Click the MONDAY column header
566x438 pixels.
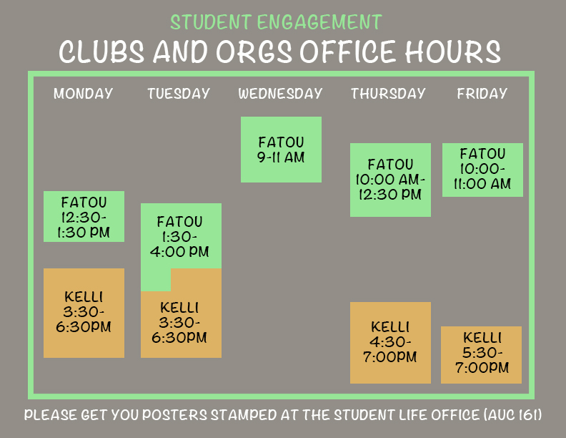[x=84, y=94]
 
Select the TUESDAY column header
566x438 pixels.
[x=179, y=94]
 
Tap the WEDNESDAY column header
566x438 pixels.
[x=280, y=94]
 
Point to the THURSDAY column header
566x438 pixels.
[x=388, y=94]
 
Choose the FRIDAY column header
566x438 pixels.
[x=482, y=94]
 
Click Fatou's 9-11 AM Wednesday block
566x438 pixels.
[x=281, y=150]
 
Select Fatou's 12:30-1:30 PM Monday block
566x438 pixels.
[x=84, y=216]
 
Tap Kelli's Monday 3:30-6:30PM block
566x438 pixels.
[x=84, y=313]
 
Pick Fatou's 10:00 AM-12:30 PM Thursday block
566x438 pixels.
[x=391, y=180]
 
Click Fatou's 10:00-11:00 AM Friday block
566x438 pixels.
[x=482, y=170]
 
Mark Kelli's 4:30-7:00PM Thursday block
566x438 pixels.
[x=391, y=343]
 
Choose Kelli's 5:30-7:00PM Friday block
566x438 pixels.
[x=481, y=355]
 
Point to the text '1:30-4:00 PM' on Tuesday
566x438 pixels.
[x=180, y=244]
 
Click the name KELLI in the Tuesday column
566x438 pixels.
[x=179, y=308]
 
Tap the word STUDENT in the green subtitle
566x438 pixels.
[x=211, y=22]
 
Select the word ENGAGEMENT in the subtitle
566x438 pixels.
[x=319, y=22]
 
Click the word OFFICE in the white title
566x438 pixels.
[x=347, y=52]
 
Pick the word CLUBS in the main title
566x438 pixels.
[x=101, y=52]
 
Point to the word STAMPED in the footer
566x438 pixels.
[x=244, y=415]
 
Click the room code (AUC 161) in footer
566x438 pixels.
[x=512, y=415]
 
